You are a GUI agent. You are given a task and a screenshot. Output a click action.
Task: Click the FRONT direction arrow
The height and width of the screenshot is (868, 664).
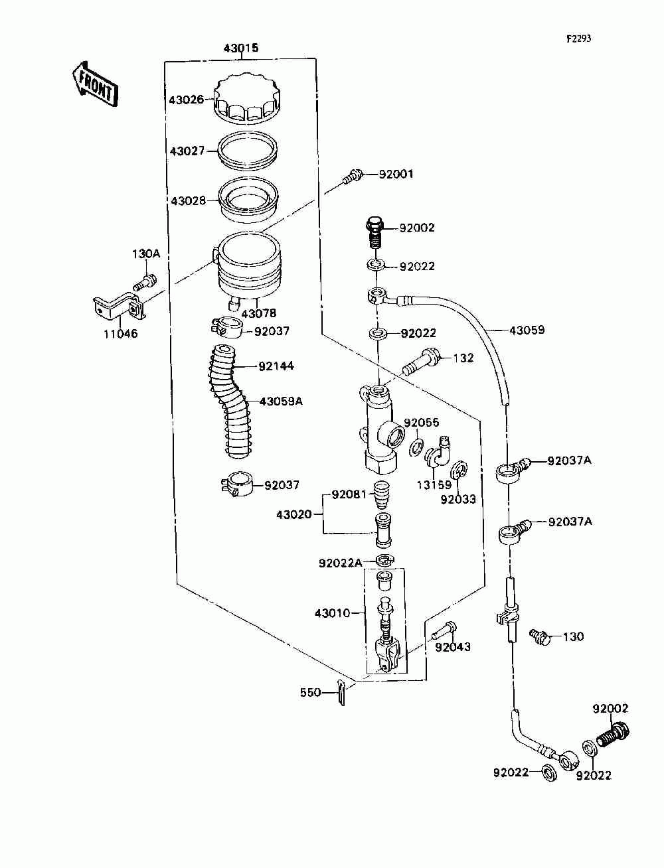pyautogui.click(x=94, y=84)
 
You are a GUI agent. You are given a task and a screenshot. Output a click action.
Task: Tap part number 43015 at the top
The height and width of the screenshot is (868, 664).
pyautogui.click(x=240, y=48)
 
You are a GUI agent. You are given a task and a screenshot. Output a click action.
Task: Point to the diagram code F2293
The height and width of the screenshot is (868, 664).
pyautogui.click(x=578, y=38)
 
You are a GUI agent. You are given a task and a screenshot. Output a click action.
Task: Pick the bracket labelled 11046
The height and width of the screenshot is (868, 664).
pyautogui.click(x=116, y=307)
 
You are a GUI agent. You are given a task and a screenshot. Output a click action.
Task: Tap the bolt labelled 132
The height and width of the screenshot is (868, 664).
pyautogui.click(x=422, y=362)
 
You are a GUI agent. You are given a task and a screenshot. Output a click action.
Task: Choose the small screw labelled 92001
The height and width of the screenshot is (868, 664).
pyautogui.click(x=352, y=177)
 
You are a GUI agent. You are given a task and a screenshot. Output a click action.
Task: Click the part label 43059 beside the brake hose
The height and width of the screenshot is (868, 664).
pyautogui.click(x=527, y=330)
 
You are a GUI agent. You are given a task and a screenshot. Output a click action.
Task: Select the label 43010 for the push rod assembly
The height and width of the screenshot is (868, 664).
pyautogui.click(x=332, y=613)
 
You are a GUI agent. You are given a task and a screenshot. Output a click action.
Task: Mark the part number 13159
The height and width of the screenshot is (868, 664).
pyautogui.click(x=434, y=484)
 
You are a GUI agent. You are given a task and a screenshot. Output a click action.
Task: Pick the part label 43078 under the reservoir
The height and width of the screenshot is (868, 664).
pyautogui.click(x=259, y=313)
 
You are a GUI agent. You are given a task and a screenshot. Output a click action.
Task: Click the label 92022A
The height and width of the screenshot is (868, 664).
pyautogui.click(x=340, y=563)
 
